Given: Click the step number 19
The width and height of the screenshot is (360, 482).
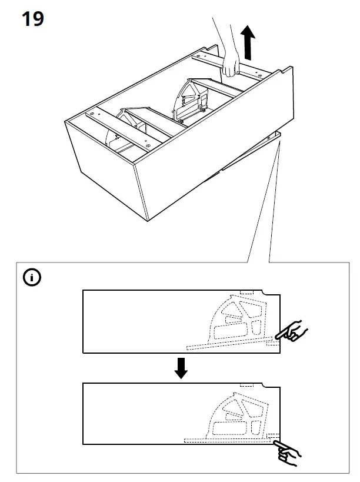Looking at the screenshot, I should pos(32,19).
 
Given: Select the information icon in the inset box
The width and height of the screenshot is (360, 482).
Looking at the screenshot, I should pos(32,277).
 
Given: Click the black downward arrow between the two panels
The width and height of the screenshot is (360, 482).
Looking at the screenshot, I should pos(181,367).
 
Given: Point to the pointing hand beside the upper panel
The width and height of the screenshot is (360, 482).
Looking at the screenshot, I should pos(292,333).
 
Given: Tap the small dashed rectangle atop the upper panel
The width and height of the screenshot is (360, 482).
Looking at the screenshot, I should pos(246,292).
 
